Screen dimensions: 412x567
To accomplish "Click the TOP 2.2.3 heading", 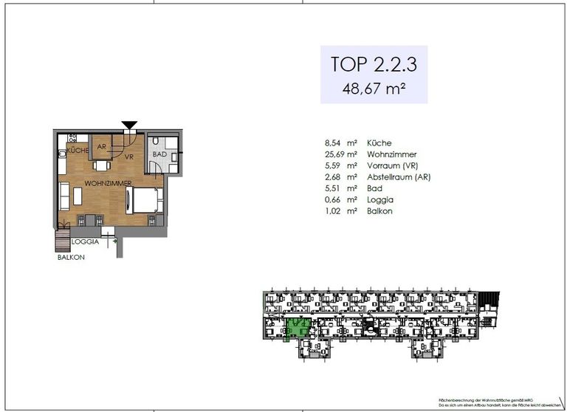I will [x=374, y=64].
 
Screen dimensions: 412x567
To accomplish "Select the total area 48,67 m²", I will [x=374, y=89].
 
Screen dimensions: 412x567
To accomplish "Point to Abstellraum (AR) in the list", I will [x=399, y=177].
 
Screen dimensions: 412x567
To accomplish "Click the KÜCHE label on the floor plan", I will [x=78, y=151].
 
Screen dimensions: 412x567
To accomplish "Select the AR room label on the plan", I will [x=102, y=146].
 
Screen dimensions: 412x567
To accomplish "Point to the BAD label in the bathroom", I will [x=159, y=154].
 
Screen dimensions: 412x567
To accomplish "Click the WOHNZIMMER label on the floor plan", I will [x=108, y=182].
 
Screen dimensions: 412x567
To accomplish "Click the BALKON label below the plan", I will [x=71, y=258].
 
